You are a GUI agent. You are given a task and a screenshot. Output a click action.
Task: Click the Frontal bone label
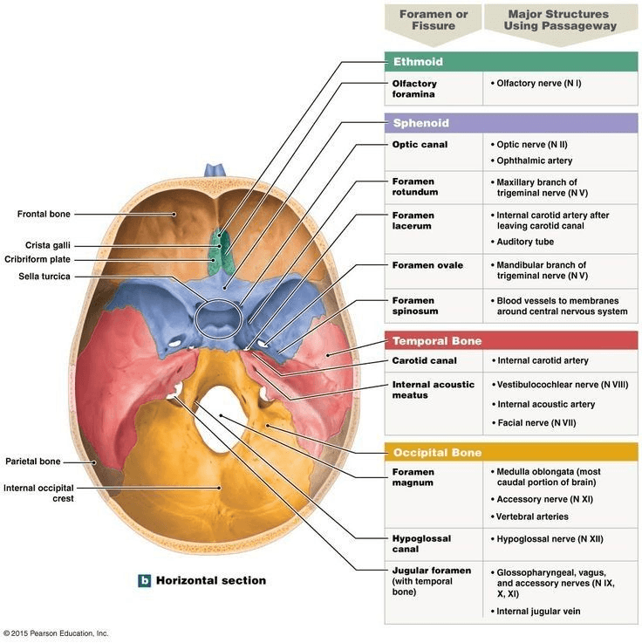click(44, 214)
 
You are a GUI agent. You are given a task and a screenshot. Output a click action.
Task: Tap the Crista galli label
click(48, 245)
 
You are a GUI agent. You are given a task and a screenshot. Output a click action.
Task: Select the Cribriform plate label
click(38, 259)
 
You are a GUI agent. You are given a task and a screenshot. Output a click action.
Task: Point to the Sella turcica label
click(44, 277)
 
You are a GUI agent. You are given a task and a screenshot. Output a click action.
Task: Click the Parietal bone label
click(33, 462)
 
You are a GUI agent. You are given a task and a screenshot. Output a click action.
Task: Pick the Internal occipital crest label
click(38, 493)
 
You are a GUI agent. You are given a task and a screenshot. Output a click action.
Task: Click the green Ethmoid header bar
click(511, 62)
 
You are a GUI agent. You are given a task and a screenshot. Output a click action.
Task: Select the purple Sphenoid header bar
click(511, 123)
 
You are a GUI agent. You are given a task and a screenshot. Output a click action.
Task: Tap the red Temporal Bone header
click(511, 341)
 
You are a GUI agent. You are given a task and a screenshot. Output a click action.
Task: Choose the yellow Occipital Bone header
click(511, 452)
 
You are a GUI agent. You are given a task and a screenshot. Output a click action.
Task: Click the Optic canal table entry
click(420, 144)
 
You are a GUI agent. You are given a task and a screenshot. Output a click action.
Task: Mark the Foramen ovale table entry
click(427, 265)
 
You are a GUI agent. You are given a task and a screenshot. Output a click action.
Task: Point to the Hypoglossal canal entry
click(421, 544)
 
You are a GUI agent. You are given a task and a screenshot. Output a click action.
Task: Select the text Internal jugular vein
click(538, 611)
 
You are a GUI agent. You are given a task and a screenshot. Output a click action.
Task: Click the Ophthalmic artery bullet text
click(534, 161)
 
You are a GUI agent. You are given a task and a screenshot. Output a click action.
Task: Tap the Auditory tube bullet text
click(525, 242)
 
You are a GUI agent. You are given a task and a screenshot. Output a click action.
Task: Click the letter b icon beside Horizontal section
click(144, 581)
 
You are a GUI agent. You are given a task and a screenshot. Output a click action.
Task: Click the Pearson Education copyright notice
click(56, 633)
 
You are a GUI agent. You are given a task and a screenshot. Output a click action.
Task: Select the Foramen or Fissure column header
click(434, 20)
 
